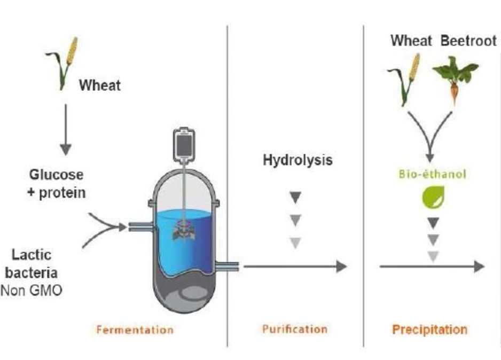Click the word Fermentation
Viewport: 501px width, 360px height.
pos(135,330)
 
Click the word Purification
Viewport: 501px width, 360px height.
pos(295,329)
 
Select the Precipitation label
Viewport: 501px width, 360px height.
pos(430,330)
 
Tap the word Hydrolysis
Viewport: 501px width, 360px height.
pos(298,160)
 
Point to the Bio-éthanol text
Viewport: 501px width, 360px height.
pos(433,174)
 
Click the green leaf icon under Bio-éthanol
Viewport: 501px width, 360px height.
pos(433,198)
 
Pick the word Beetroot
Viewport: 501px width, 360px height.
pos(468,41)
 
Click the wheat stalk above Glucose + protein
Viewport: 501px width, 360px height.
pos(62,63)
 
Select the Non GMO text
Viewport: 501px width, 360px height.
pos(32,291)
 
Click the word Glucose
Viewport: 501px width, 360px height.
pos(56,175)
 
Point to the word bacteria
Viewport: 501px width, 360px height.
pos(32,273)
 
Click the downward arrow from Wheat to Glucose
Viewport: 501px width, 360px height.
pos(66,130)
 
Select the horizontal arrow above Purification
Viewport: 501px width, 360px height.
pos(295,266)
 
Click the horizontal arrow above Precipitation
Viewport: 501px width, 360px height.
pos(432,267)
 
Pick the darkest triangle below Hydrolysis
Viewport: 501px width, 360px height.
pos(295,198)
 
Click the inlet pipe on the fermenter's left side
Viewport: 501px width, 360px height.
pos(141,227)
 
